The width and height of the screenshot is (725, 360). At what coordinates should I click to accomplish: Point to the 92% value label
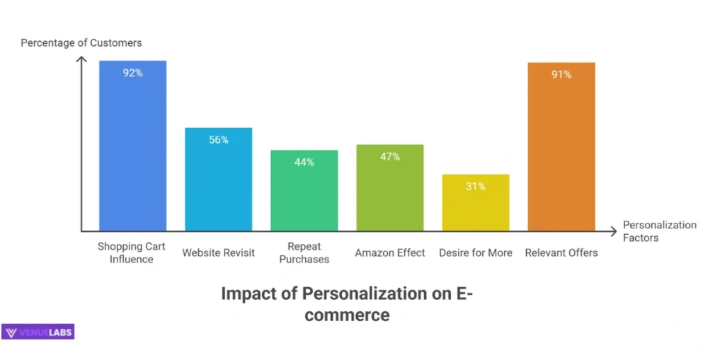[x=132, y=72]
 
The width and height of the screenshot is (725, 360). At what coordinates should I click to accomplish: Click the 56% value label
[x=219, y=140]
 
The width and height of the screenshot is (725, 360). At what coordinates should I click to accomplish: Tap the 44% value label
[x=304, y=162]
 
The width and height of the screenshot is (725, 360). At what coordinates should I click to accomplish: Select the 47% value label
[x=390, y=156]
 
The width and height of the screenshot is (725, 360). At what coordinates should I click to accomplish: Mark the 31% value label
[x=476, y=186]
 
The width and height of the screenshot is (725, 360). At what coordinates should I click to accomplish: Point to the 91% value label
[x=561, y=74]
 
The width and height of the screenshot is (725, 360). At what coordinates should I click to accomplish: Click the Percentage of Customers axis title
[x=81, y=43]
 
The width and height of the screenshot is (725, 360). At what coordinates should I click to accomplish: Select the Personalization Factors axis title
[x=659, y=231]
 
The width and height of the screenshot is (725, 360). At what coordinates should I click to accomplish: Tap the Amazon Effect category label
[x=390, y=252]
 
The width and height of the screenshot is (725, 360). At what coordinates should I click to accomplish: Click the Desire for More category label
[x=476, y=252]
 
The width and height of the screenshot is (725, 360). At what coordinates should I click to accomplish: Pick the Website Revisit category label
[x=219, y=252]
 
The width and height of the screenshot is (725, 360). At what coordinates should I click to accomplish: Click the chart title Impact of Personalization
[x=347, y=303]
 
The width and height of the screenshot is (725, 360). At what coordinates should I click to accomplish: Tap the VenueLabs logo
[x=38, y=332]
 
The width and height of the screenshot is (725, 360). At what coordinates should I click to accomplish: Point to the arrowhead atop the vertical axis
[x=82, y=61]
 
